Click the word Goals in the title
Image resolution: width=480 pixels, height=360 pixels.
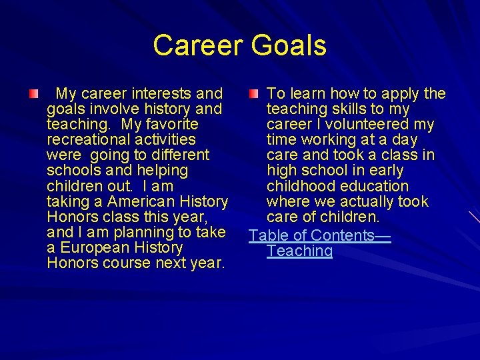[289, 46]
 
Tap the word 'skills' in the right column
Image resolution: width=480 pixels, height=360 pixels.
[346, 109]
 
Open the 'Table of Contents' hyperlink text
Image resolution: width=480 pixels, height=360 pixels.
[311, 235]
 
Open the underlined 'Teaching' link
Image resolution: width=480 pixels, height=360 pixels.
[299, 251]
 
